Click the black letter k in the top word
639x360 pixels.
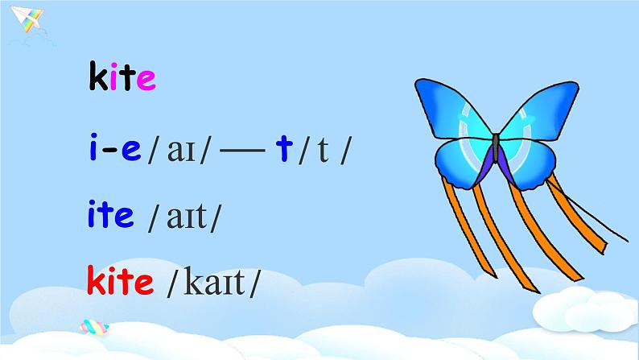97,79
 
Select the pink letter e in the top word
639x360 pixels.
145,81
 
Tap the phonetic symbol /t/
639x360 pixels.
324,152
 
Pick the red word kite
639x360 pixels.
120,282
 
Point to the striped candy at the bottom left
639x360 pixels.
95,327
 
